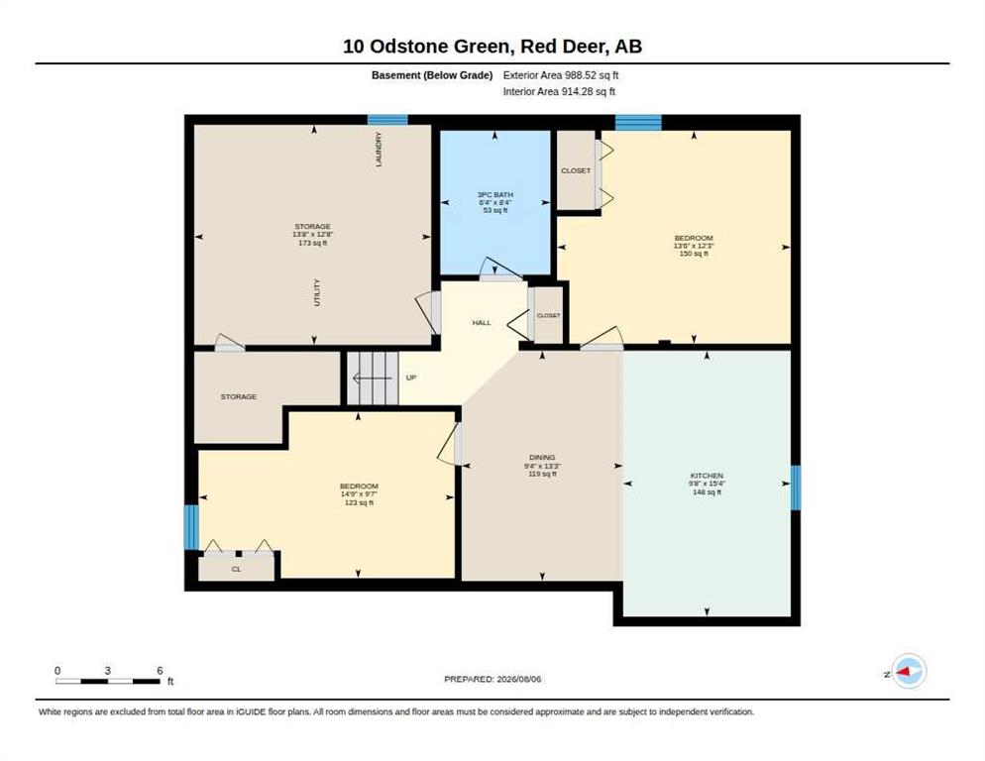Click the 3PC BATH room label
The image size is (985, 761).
click(495, 195)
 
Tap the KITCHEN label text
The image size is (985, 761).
click(707, 476)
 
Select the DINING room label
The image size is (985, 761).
click(542, 458)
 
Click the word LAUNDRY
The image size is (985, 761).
click(379, 150)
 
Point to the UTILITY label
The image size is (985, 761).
click(317, 293)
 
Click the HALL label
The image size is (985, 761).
click(482, 322)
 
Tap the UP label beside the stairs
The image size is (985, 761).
click(411, 378)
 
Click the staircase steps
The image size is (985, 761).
click(374, 379)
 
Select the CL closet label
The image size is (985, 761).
click(236, 570)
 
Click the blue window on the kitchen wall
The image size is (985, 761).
click(796, 488)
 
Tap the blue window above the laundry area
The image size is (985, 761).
click(387, 120)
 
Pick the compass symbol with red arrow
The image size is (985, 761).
click(909, 671)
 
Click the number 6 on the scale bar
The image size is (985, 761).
click(160, 671)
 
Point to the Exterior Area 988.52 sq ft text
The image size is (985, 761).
click(561, 75)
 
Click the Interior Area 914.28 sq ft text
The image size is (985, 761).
click(559, 92)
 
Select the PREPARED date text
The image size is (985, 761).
click(492, 680)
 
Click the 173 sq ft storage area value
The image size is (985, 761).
click(313, 243)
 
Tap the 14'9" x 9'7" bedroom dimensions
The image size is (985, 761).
click(359, 494)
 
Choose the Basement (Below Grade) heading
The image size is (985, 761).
click(432, 75)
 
